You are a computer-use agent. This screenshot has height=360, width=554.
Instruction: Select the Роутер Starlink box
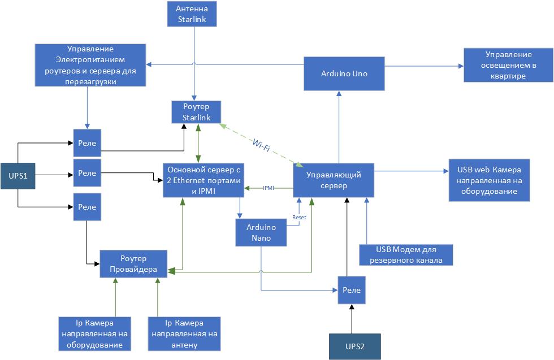point(196,112)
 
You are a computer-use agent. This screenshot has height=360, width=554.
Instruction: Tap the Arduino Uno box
point(344,73)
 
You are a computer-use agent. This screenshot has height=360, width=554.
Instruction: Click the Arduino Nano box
point(261,232)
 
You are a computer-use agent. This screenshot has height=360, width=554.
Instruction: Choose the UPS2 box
point(355,346)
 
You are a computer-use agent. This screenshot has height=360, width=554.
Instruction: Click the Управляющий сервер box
point(334,180)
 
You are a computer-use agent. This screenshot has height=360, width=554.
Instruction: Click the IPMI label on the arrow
point(269,188)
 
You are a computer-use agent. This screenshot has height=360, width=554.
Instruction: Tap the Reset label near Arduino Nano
point(298,217)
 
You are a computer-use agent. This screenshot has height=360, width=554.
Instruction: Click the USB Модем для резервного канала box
point(405,254)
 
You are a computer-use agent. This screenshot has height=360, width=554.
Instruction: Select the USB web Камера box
point(489,180)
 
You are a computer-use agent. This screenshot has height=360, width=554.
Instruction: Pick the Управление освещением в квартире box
point(508,65)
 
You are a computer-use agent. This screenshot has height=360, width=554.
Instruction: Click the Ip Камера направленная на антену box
point(183,333)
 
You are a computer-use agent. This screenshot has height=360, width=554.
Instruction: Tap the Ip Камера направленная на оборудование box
point(95,333)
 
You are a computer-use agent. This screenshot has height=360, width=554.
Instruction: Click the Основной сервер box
point(202,180)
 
